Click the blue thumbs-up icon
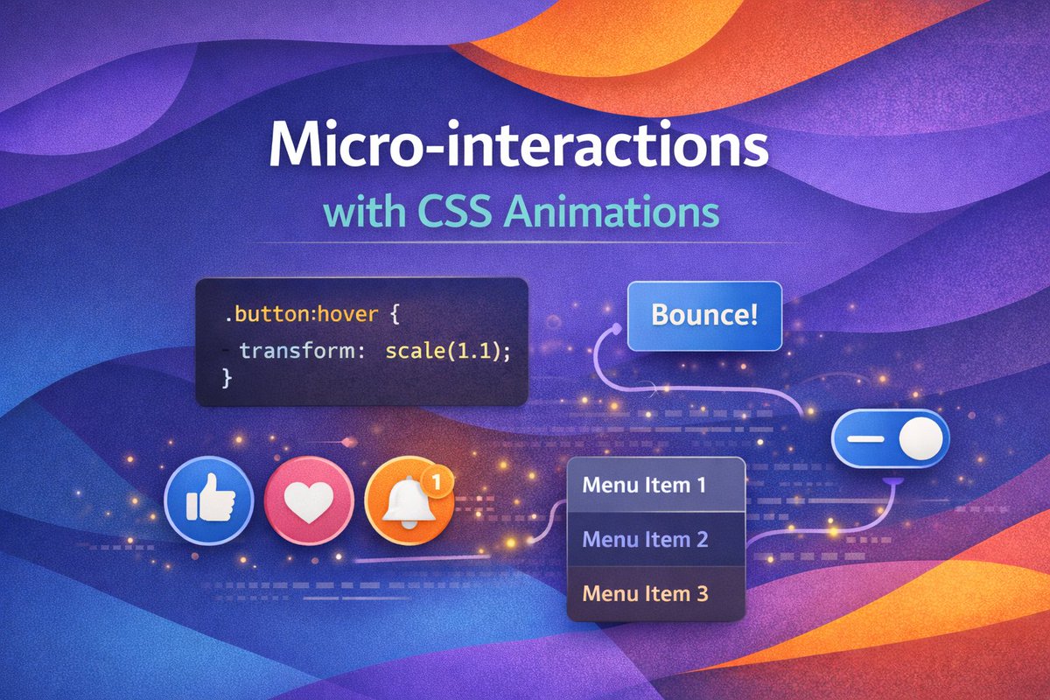tap(209, 500)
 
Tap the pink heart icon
tap(309, 500)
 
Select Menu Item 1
tap(644, 484)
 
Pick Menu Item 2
tap(645, 539)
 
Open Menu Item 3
tap(644, 593)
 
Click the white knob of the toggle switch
tap(920, 438)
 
